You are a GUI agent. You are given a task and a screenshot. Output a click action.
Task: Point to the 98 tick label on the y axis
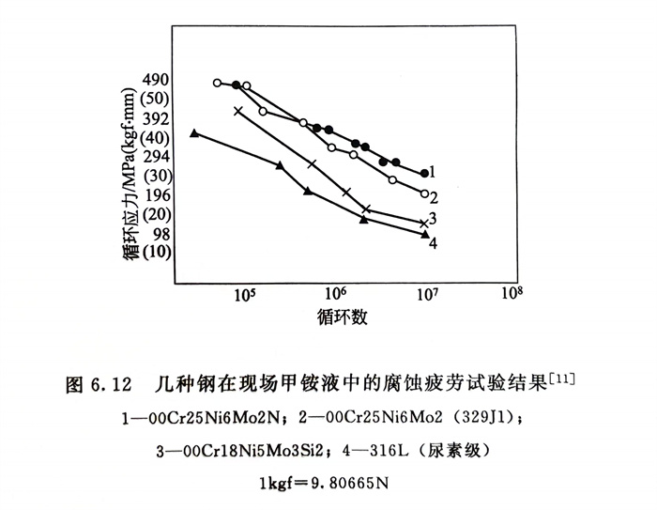coord(155,234)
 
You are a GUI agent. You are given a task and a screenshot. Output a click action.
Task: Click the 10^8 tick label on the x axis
coord(512,293)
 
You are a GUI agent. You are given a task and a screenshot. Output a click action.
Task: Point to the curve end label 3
coord(433,219)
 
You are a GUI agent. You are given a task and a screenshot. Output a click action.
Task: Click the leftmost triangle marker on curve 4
coord(194,133)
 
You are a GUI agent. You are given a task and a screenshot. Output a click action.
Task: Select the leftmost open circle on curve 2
coord(217,83)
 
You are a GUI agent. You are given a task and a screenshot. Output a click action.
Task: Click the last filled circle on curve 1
coord(424,174)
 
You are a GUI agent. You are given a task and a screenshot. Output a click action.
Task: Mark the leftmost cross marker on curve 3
coord(237,111)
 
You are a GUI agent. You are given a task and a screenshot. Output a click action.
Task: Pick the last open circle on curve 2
coord(425,193)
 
